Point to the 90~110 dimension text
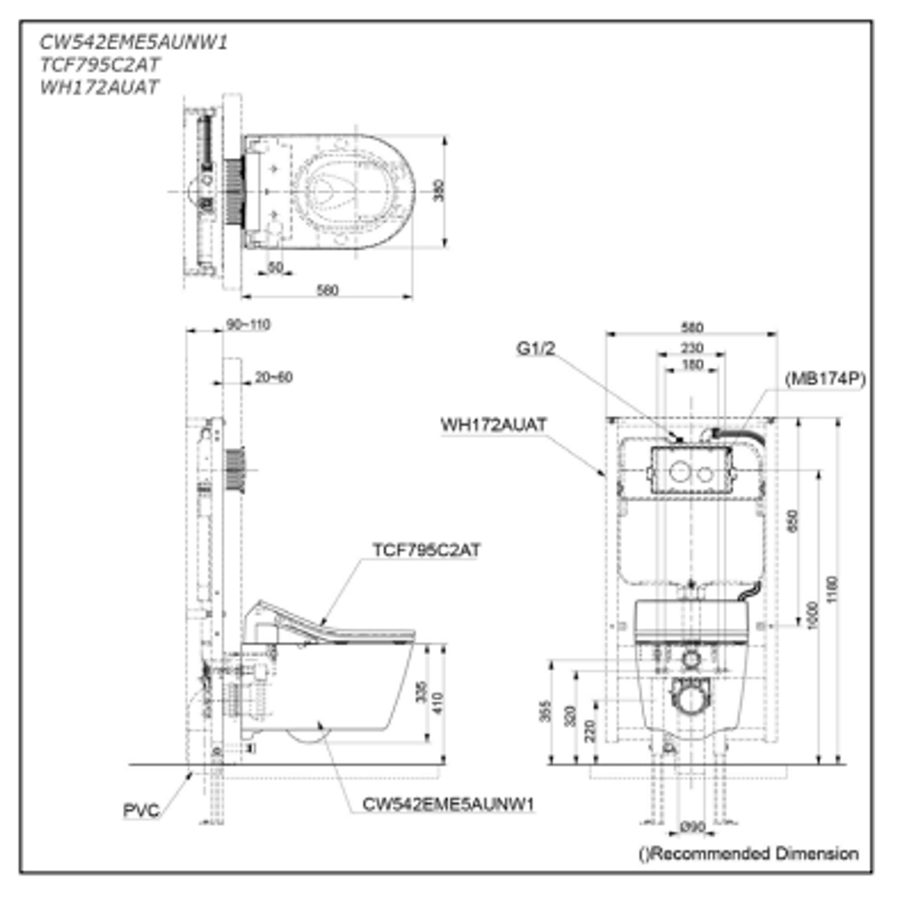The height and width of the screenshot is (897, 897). (x=248, y=324)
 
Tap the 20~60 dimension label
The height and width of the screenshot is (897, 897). (x=273, y=376)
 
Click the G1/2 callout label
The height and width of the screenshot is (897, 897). (x=535, y=349)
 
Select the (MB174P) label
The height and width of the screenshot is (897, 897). (x=825, y=379)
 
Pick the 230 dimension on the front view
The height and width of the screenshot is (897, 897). (x=691, y=347)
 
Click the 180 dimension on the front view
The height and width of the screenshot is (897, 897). (x=691, y=365)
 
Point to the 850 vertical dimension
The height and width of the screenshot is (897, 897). (x=791, y=520)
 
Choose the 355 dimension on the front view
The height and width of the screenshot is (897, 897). (x=546, y=713)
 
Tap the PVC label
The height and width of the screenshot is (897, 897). (x=140, y=811)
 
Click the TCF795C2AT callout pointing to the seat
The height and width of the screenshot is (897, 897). (x=426, y=550)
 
